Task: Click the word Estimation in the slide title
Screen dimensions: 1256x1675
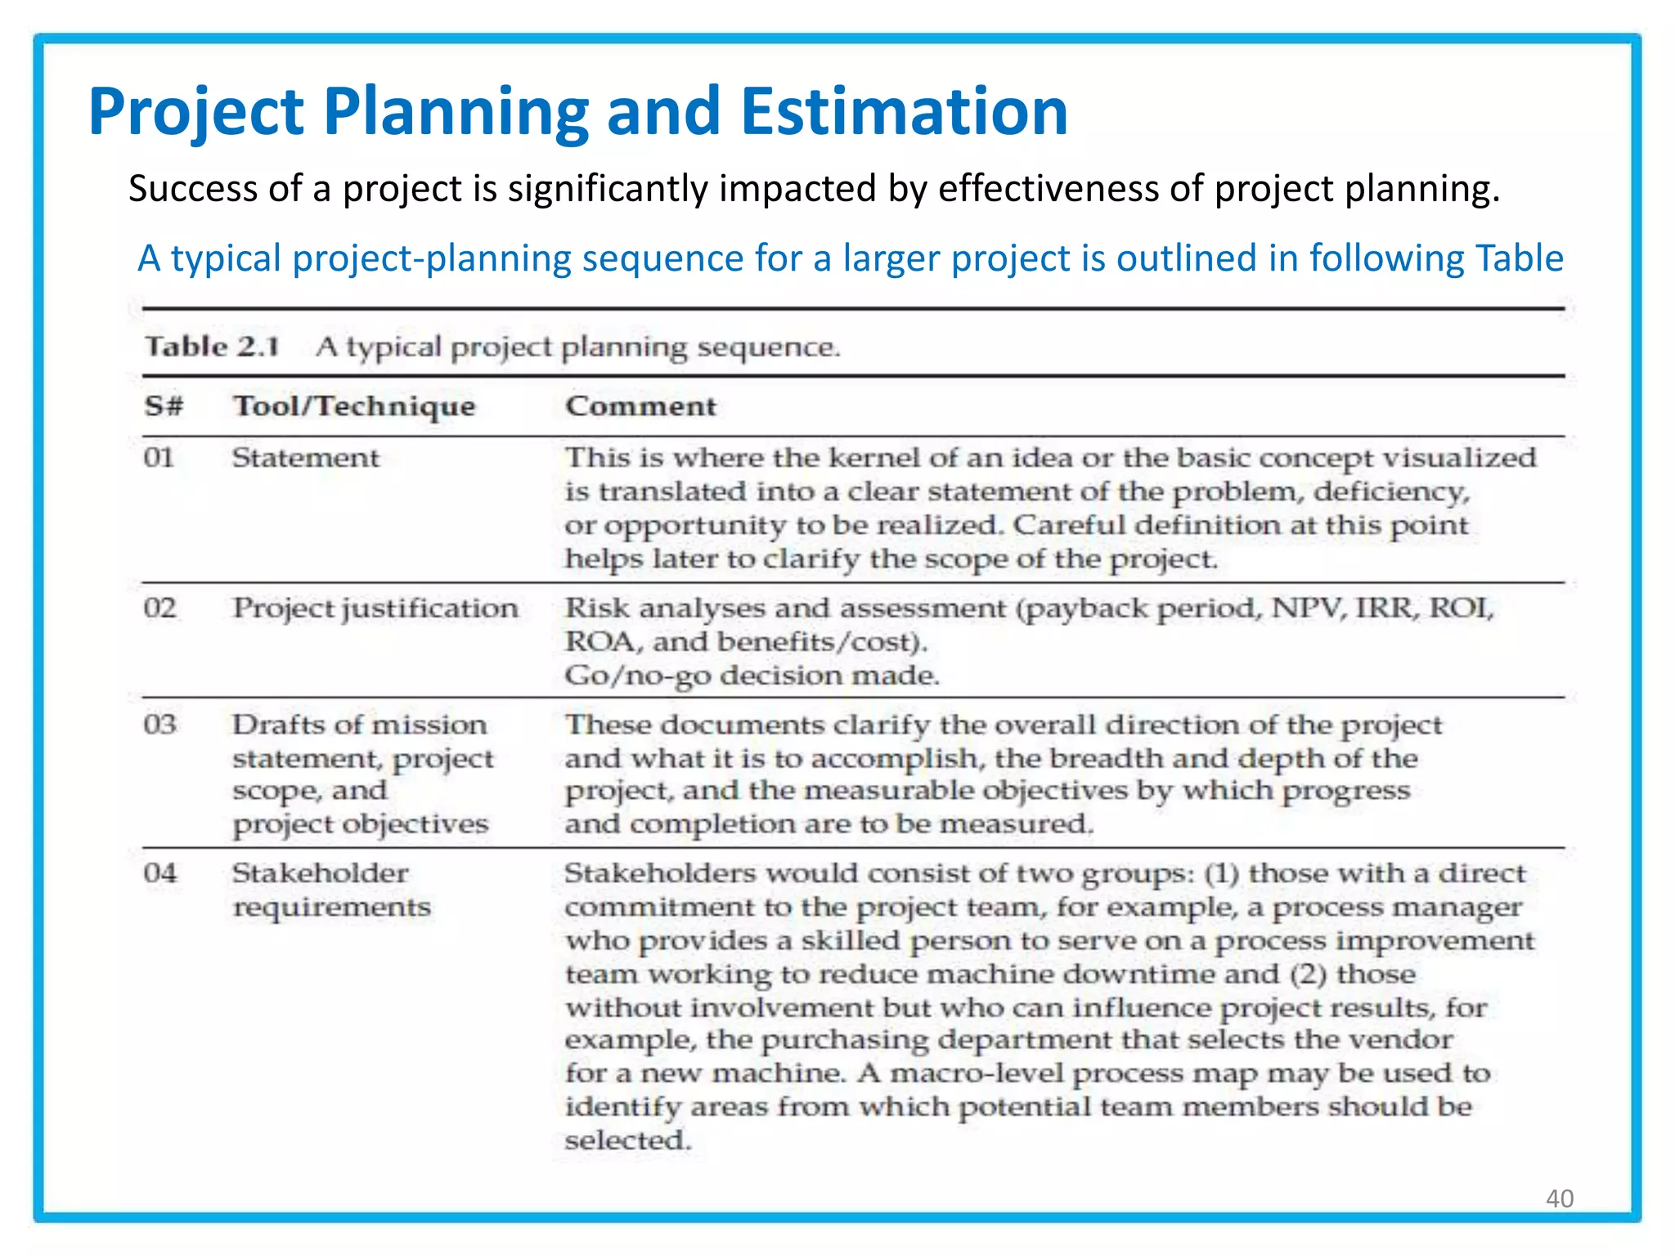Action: (x=904, y=111)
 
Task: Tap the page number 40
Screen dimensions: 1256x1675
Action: (x=1559, y=1198)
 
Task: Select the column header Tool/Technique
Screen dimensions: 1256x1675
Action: (x=354, y=406)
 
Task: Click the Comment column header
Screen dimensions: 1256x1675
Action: (x=640, y=406)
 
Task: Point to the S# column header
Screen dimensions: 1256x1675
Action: (x=164, y=406)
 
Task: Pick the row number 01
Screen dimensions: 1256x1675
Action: (x=159, y=457)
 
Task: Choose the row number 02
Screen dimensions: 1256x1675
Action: (x=159, y=608)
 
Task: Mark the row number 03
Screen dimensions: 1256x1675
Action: (x=159, y=724)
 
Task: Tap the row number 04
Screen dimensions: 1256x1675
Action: (x=159, y=873)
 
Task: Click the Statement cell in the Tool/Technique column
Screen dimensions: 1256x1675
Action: (x=305, y=458)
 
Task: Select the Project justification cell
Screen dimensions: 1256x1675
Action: (x=375, y=609)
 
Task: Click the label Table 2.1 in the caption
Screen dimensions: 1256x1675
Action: (x=212, y=347)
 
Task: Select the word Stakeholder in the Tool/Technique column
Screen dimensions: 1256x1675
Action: (x=320, y=873)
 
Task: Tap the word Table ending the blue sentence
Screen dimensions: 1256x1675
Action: (x=1519, y=258)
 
